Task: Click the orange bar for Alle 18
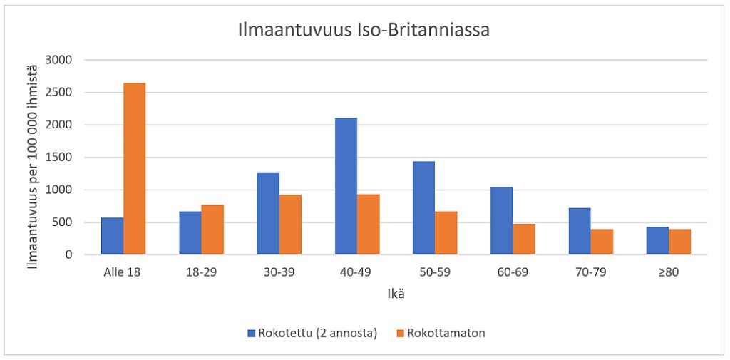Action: pos(134,169)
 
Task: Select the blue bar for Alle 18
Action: pos(112,236)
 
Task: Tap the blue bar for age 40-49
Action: pos(346,186)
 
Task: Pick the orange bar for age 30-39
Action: pos(290,225)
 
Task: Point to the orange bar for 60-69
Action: pos(524,240)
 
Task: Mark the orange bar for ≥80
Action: pos(679,242)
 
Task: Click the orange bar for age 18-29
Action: pos(212,230)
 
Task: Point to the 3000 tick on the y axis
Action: pos(58,60)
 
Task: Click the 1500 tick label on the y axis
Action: pos(58,158)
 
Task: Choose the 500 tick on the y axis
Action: pos(62,222)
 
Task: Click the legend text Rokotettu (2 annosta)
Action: pos(318,333)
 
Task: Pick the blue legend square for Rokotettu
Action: pos(251,333)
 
